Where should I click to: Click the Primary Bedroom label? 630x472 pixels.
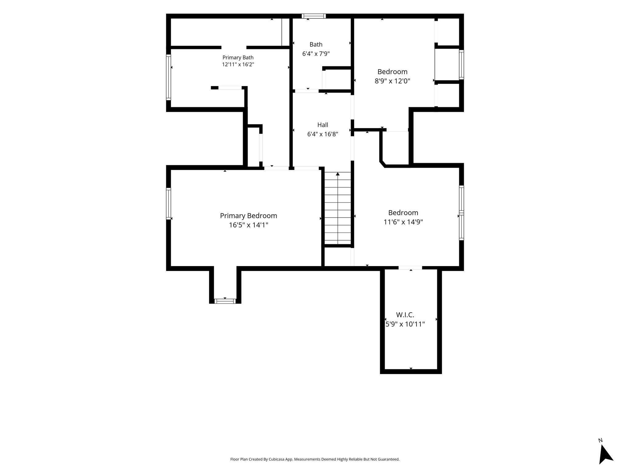tap(249, 216)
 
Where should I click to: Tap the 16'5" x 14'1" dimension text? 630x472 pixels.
tap(249, 225)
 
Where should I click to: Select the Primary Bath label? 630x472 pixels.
tap(238, 57)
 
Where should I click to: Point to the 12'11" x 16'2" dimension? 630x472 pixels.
tap(238, 65)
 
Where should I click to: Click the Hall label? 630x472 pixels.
tap(323, 125)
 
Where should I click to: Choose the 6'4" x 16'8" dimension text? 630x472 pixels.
tap(323, 134)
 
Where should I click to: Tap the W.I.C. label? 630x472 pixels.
tap(405, 315)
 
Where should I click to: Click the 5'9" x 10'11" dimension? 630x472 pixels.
tap(405, 324)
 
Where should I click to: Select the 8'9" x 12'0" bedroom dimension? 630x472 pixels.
tap(393, 81)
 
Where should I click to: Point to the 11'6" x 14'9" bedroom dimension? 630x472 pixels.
tap(403, 222)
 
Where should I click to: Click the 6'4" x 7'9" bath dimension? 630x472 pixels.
tap(316, 54)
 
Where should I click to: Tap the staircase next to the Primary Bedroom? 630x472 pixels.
tap(338, 208)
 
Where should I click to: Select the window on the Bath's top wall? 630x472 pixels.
tap(313, 16)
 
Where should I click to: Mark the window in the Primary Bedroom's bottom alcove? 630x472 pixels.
tap(225, 301)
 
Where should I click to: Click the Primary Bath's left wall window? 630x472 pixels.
tap(169, 77)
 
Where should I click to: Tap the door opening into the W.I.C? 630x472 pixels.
tap(410, 268)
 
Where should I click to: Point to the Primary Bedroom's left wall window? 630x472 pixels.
tap(169, 204)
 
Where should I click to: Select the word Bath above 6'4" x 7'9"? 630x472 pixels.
tap(316, 45)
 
